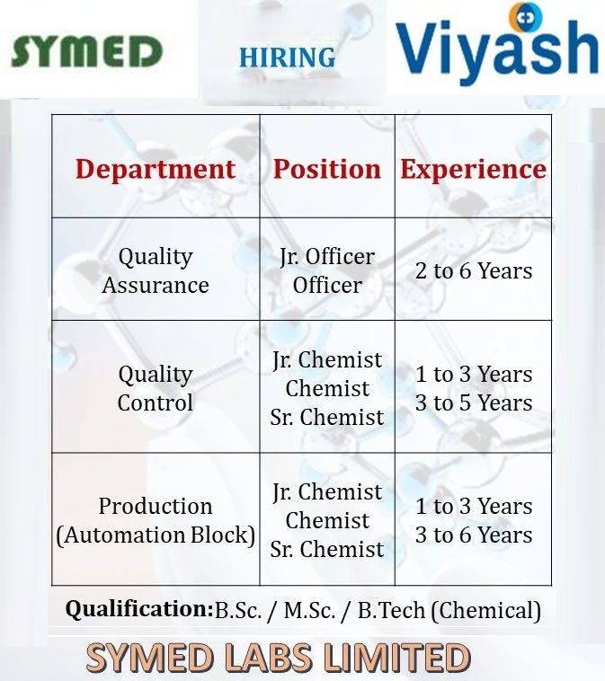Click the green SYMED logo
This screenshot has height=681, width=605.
click(86, 51)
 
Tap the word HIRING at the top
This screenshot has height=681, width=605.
click(287, 58)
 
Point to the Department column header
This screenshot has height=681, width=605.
click(156, 169)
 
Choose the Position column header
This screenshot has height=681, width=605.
click(327, 169)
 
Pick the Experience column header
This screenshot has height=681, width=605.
click(473, 169)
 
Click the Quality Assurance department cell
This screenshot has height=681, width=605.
click(156, 270)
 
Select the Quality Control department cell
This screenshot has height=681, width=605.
click(156, 388)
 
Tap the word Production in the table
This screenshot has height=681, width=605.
click(156, 506)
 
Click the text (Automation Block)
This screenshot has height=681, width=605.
click(156, 535)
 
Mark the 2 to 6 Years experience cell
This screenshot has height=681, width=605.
click(474, 270)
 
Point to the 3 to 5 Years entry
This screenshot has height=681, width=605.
click(474, 403)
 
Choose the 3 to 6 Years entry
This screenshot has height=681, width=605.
click(474, 535)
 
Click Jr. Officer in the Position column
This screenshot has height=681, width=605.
click(327, 256)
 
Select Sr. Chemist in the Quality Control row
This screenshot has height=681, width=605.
click(327, 418)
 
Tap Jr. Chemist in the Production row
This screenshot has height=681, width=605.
click(327, 492)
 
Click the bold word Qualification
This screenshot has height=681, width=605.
click(138, 609)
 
